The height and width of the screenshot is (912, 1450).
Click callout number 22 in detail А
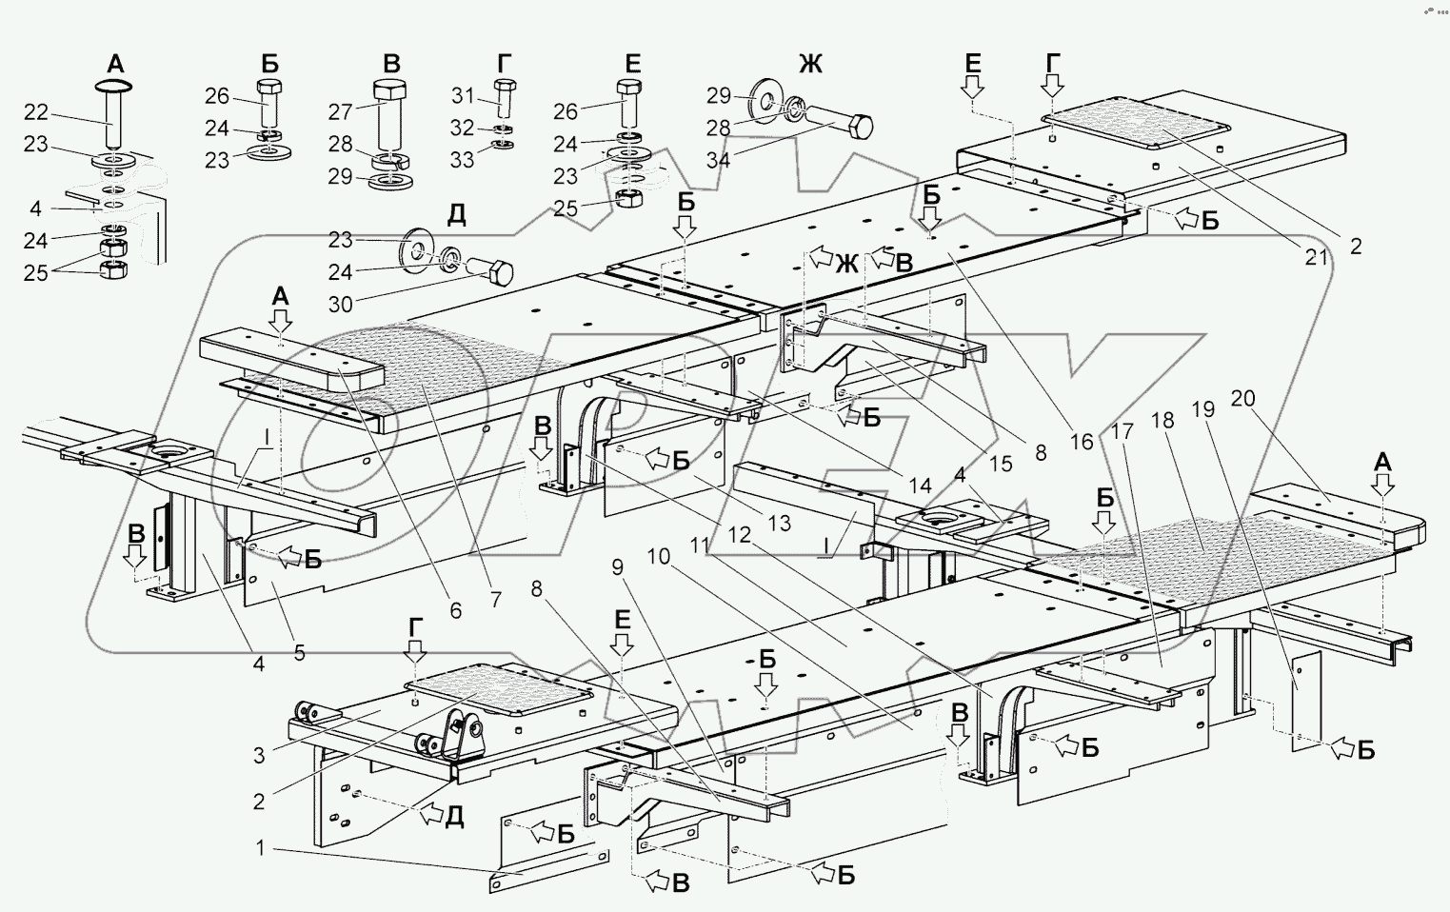pos(36,112)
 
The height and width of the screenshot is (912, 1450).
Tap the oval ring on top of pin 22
pos(114,85)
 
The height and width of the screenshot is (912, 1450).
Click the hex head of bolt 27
pos(390,89)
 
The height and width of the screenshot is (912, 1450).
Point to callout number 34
pos(719,159)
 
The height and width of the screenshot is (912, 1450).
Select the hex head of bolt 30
pos(501,272)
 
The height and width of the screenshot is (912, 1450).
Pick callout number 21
pos(1316,257)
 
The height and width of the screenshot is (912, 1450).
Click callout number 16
pos(1081,442)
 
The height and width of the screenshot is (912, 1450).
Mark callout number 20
pos(1242,399)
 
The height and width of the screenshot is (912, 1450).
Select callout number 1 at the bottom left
pos(260,847)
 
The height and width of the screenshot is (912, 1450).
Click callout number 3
pos(259,755)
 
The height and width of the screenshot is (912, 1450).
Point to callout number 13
pos(779,523)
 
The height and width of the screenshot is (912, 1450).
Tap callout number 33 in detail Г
pos(462,159)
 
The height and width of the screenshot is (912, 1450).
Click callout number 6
pos(455,610)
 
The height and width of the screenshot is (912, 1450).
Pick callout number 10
pos(658,557)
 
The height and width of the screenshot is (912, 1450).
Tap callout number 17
pos(1123,431)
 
